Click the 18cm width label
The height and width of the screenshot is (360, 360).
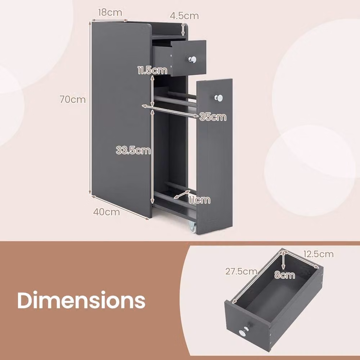(110, 12)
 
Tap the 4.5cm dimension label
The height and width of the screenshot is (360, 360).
(184, 16)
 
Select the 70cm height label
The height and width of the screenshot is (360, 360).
(73, 99)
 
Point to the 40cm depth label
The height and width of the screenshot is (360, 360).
(107, 212)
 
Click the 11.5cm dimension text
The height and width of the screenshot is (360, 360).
(152, 70)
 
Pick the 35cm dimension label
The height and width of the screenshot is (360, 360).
(213, 117)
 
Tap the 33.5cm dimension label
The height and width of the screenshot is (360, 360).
(134, 150)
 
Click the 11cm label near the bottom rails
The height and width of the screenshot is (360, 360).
(199, 200)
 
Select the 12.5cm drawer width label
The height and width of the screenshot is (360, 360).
(319, 254)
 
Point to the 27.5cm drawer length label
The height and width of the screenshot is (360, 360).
(241, 271)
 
